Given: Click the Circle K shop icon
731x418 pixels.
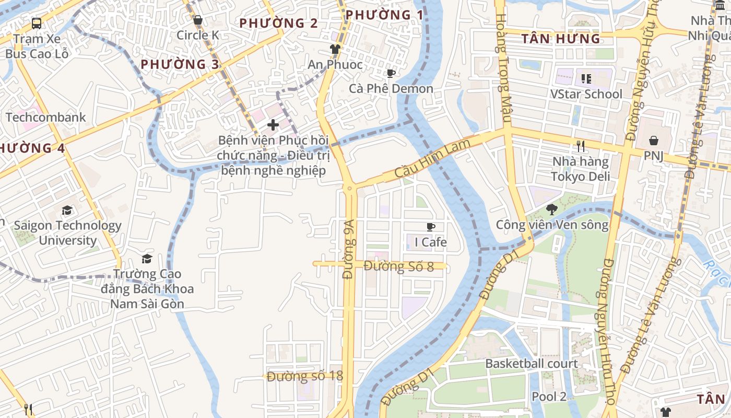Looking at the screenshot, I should [x=198, y=20].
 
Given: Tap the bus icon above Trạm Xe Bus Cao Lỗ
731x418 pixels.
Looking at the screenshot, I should [x=37, y=23].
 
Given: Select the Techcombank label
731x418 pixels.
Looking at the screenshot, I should [x=45, y=117].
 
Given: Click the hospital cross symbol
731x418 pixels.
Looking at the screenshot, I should [x=273, y=125].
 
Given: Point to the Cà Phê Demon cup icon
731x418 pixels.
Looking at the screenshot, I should [x=391, y=74].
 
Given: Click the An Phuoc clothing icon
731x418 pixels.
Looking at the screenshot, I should [x=335, y=49].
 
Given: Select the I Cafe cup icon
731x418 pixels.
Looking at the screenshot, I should [x=431, y=227].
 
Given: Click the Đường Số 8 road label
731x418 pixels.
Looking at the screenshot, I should [x=399, y=266].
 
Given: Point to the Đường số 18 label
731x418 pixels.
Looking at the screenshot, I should [x=304, y=376].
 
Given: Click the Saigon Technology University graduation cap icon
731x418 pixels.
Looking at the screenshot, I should [x=67, y=211].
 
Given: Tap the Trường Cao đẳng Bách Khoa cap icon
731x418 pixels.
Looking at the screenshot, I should [x=147, y=259].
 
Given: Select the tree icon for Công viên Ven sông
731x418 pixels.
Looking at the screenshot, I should [x=551, y=210].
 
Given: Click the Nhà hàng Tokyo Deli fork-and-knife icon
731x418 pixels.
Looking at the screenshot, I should [x=580, y=146].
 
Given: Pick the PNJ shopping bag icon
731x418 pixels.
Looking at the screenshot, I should [x=653, y=141].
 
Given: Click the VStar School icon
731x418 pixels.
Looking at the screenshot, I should [x=586, y=79].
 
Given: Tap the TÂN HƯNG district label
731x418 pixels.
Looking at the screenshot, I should [x=561, y=39].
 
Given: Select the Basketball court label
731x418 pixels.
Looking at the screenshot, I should [x=532, y=364].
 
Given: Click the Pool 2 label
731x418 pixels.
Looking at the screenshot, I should [x=548, y=397].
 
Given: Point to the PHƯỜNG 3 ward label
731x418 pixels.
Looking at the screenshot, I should [x=180, y=64].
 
